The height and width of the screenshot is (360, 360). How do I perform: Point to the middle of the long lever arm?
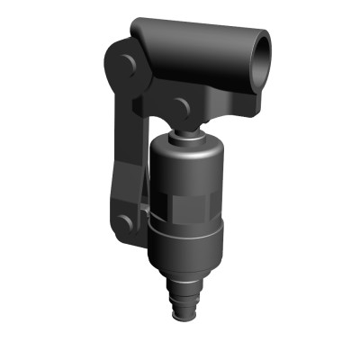coord(126,144)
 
